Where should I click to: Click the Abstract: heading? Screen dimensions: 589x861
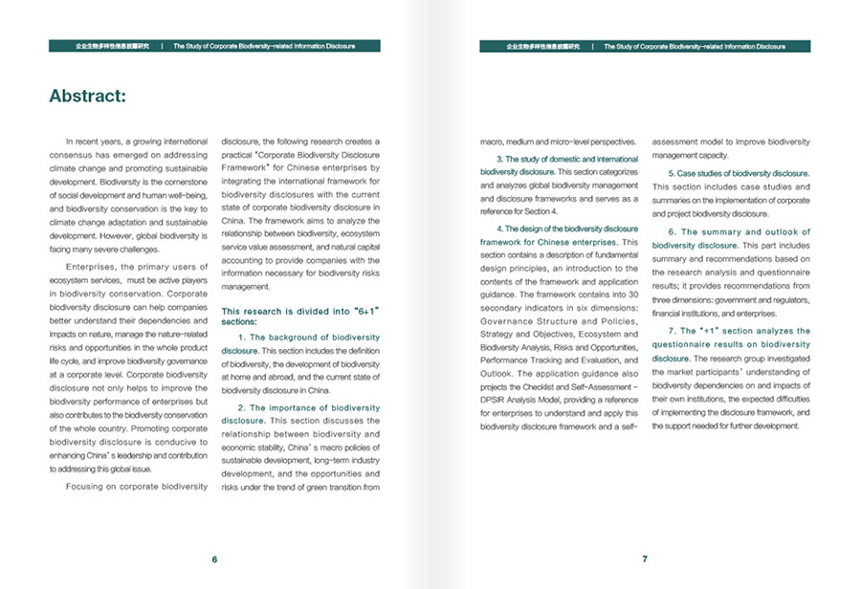(x=87, y=97)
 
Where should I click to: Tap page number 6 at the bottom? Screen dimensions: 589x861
(x=214, y=559)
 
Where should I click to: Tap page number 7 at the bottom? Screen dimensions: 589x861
(x=645, y=559)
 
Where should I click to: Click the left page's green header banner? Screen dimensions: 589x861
(x=214, y=46)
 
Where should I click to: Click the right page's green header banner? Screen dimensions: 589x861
(x=645, y=46)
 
